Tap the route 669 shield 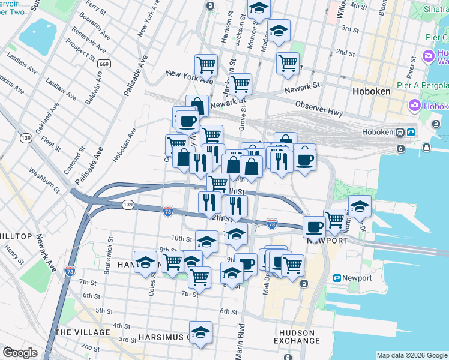[104, 64]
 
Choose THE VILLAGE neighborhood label [82, 332]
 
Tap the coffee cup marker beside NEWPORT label [315, 227]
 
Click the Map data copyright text [411, 355]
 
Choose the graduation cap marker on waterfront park [359, 206]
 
